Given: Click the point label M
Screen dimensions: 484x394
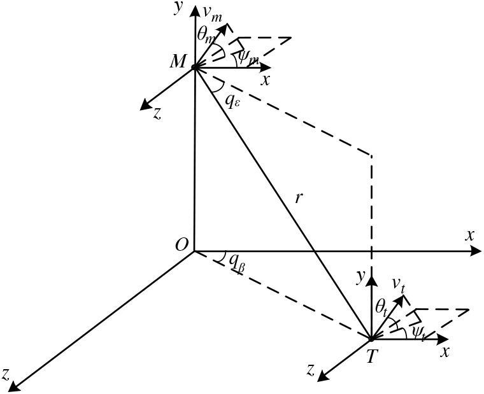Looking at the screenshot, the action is (x=177, y=62).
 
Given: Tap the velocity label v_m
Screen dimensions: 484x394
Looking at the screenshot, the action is (x=211, y=13).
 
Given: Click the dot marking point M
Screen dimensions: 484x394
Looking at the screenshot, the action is (x=194, y=67).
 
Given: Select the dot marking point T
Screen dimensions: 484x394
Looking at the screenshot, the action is (x=371, y=339).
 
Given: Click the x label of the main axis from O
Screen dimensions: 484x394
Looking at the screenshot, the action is (x=470, y=234).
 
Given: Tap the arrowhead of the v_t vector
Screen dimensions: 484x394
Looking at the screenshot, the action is (x=403, y=296).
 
